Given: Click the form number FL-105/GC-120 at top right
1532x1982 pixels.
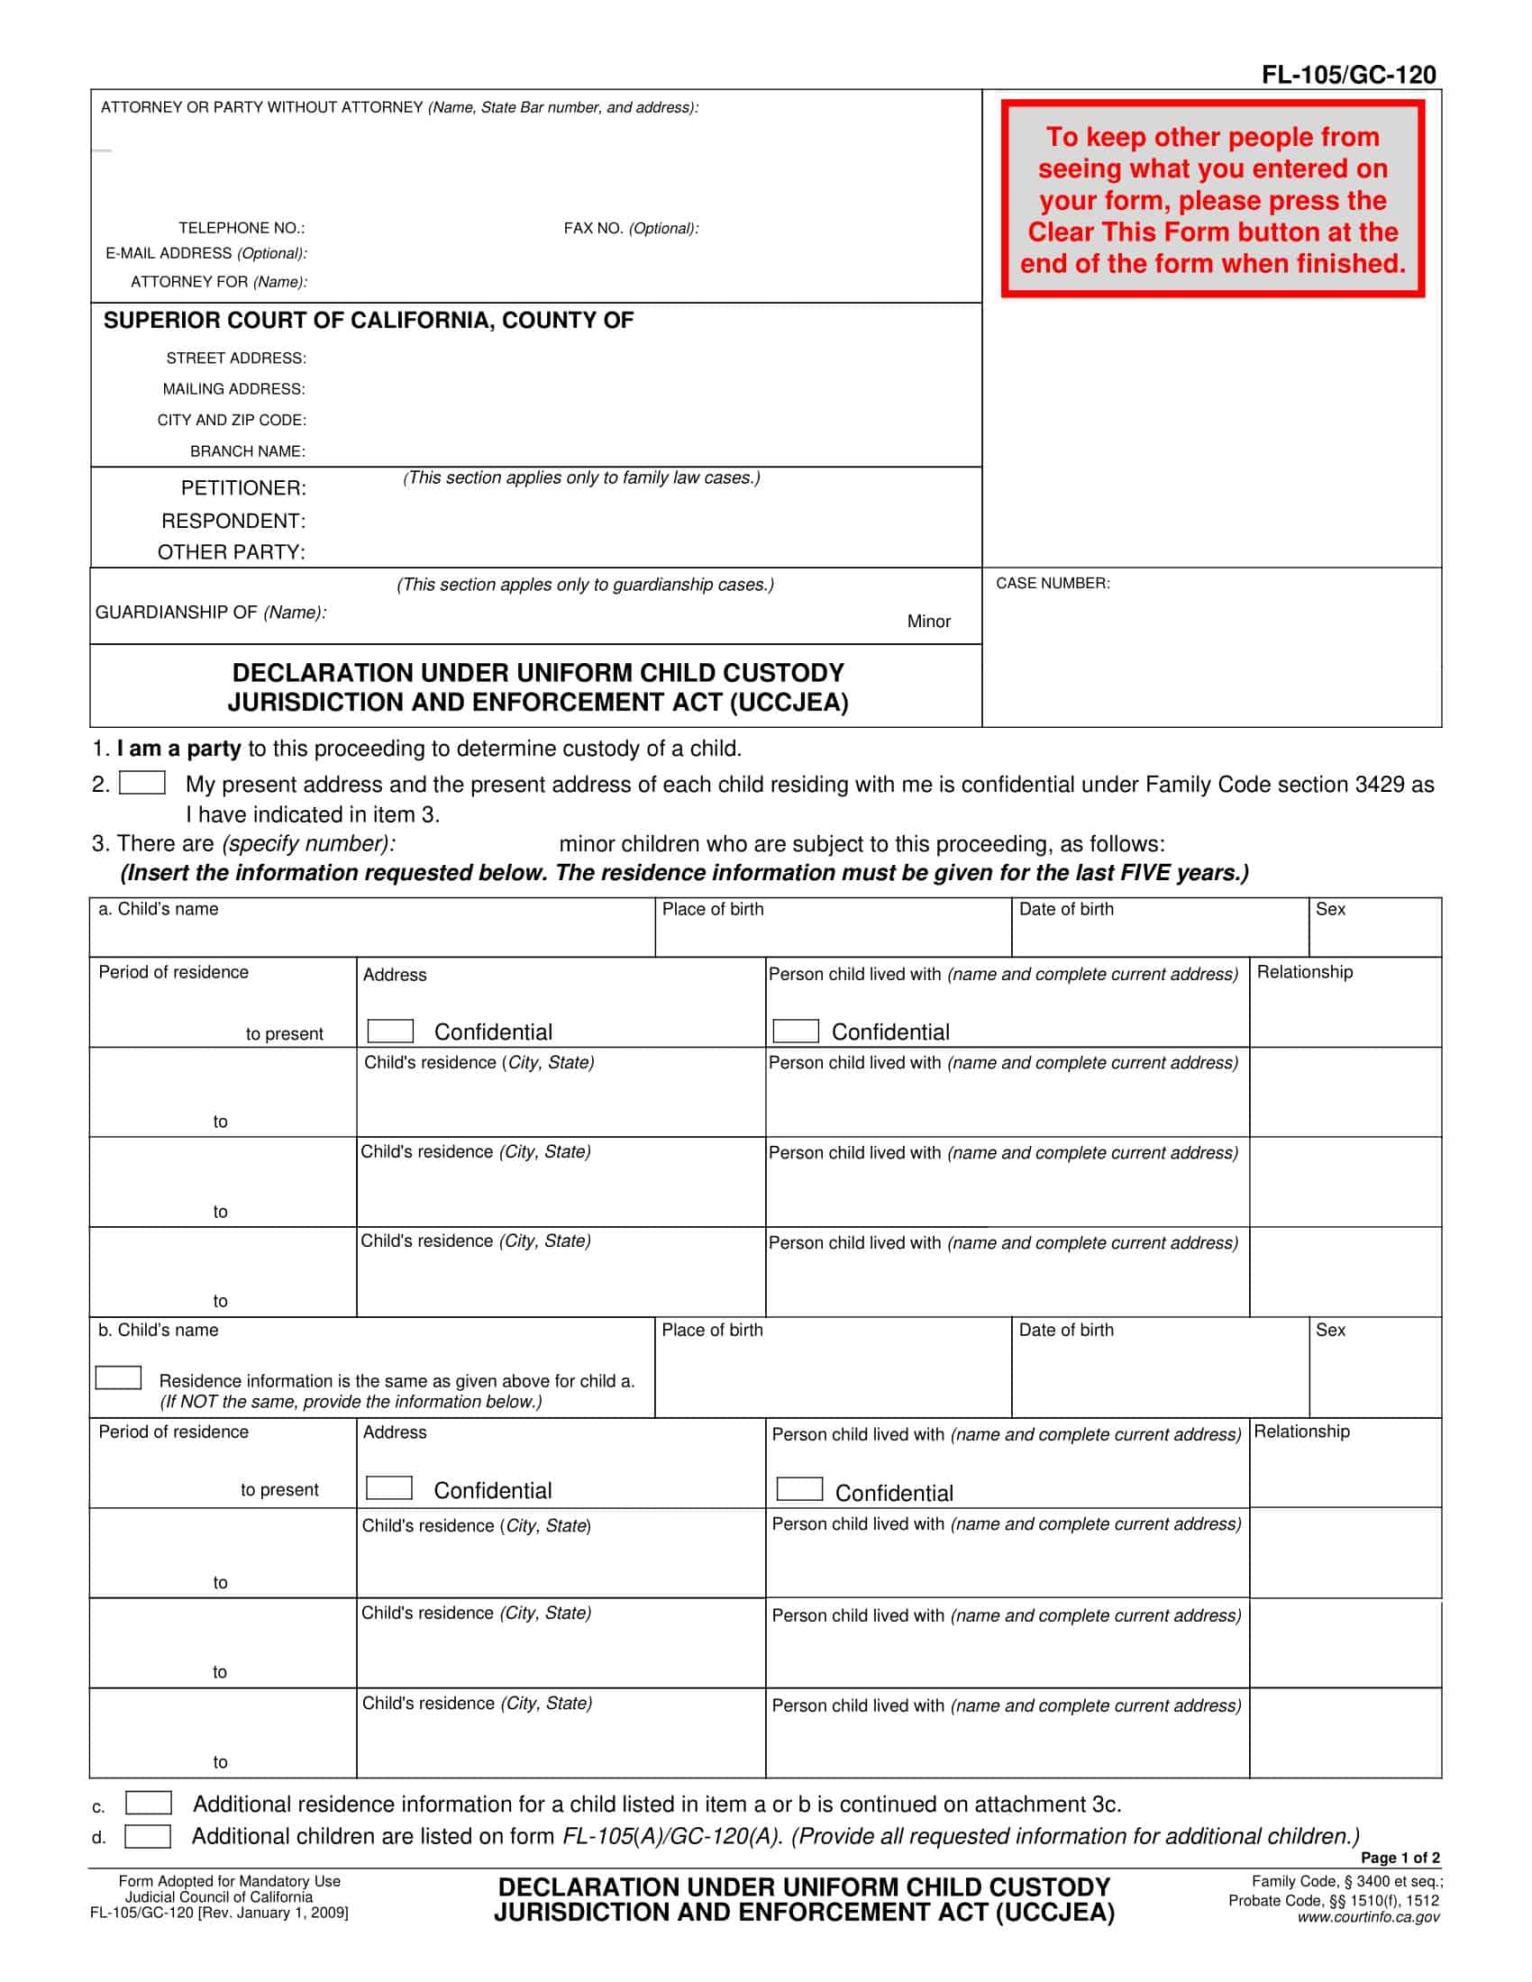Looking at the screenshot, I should [1348, 75].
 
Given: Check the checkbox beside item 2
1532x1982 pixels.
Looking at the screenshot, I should [142, 782].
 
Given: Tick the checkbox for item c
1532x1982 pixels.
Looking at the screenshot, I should [148, 1803].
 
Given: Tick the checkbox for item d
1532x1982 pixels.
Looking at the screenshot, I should [147, 1836].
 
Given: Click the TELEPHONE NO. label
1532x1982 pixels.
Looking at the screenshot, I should [242, 228].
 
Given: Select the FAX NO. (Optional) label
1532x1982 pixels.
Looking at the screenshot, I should [631, 229].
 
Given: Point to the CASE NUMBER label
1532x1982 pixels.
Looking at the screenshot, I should [1052, 583].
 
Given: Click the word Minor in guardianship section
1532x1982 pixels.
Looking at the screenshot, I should [928, 622].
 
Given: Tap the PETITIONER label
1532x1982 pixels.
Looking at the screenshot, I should [243, 488].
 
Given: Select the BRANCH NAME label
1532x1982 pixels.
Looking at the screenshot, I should [247, 451].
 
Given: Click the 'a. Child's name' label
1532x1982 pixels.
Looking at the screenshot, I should [159, 909].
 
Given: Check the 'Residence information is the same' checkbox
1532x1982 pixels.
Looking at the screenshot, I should [118, 1377].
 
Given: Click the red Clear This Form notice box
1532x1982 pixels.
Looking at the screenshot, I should [1212, 200].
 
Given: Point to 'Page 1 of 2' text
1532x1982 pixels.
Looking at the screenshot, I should [1400, 1858].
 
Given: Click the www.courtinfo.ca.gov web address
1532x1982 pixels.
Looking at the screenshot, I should [1368, 1917].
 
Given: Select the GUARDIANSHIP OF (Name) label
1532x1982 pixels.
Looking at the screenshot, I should [211, 613].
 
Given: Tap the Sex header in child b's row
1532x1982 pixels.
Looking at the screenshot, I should [1329, 1331].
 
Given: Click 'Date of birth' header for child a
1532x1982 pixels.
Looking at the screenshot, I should [1065, 909].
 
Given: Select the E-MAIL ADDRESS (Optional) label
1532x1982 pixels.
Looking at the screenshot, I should [206, 253].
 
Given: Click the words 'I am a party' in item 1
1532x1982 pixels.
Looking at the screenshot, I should [178, 749].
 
